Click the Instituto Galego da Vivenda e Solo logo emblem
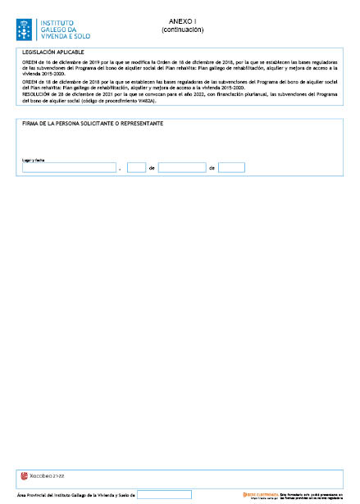[x=25, y=30]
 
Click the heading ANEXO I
[x=182, y=20]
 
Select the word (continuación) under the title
[x=182, y=30]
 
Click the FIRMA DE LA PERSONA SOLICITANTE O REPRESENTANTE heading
[x=92, y=123]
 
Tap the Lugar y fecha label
[x=33, y=160]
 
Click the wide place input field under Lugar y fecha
[x=69, y=167]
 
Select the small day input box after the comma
[x=137, y=167]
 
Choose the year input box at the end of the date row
[x=231, y=167]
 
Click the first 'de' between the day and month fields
[x=152, y=168]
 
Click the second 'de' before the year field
[x=212, y=168]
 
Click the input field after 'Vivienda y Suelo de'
[x=164, y=495]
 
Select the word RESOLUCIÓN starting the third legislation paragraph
[x=37, y=95]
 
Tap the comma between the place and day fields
[x=121, y=170]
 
